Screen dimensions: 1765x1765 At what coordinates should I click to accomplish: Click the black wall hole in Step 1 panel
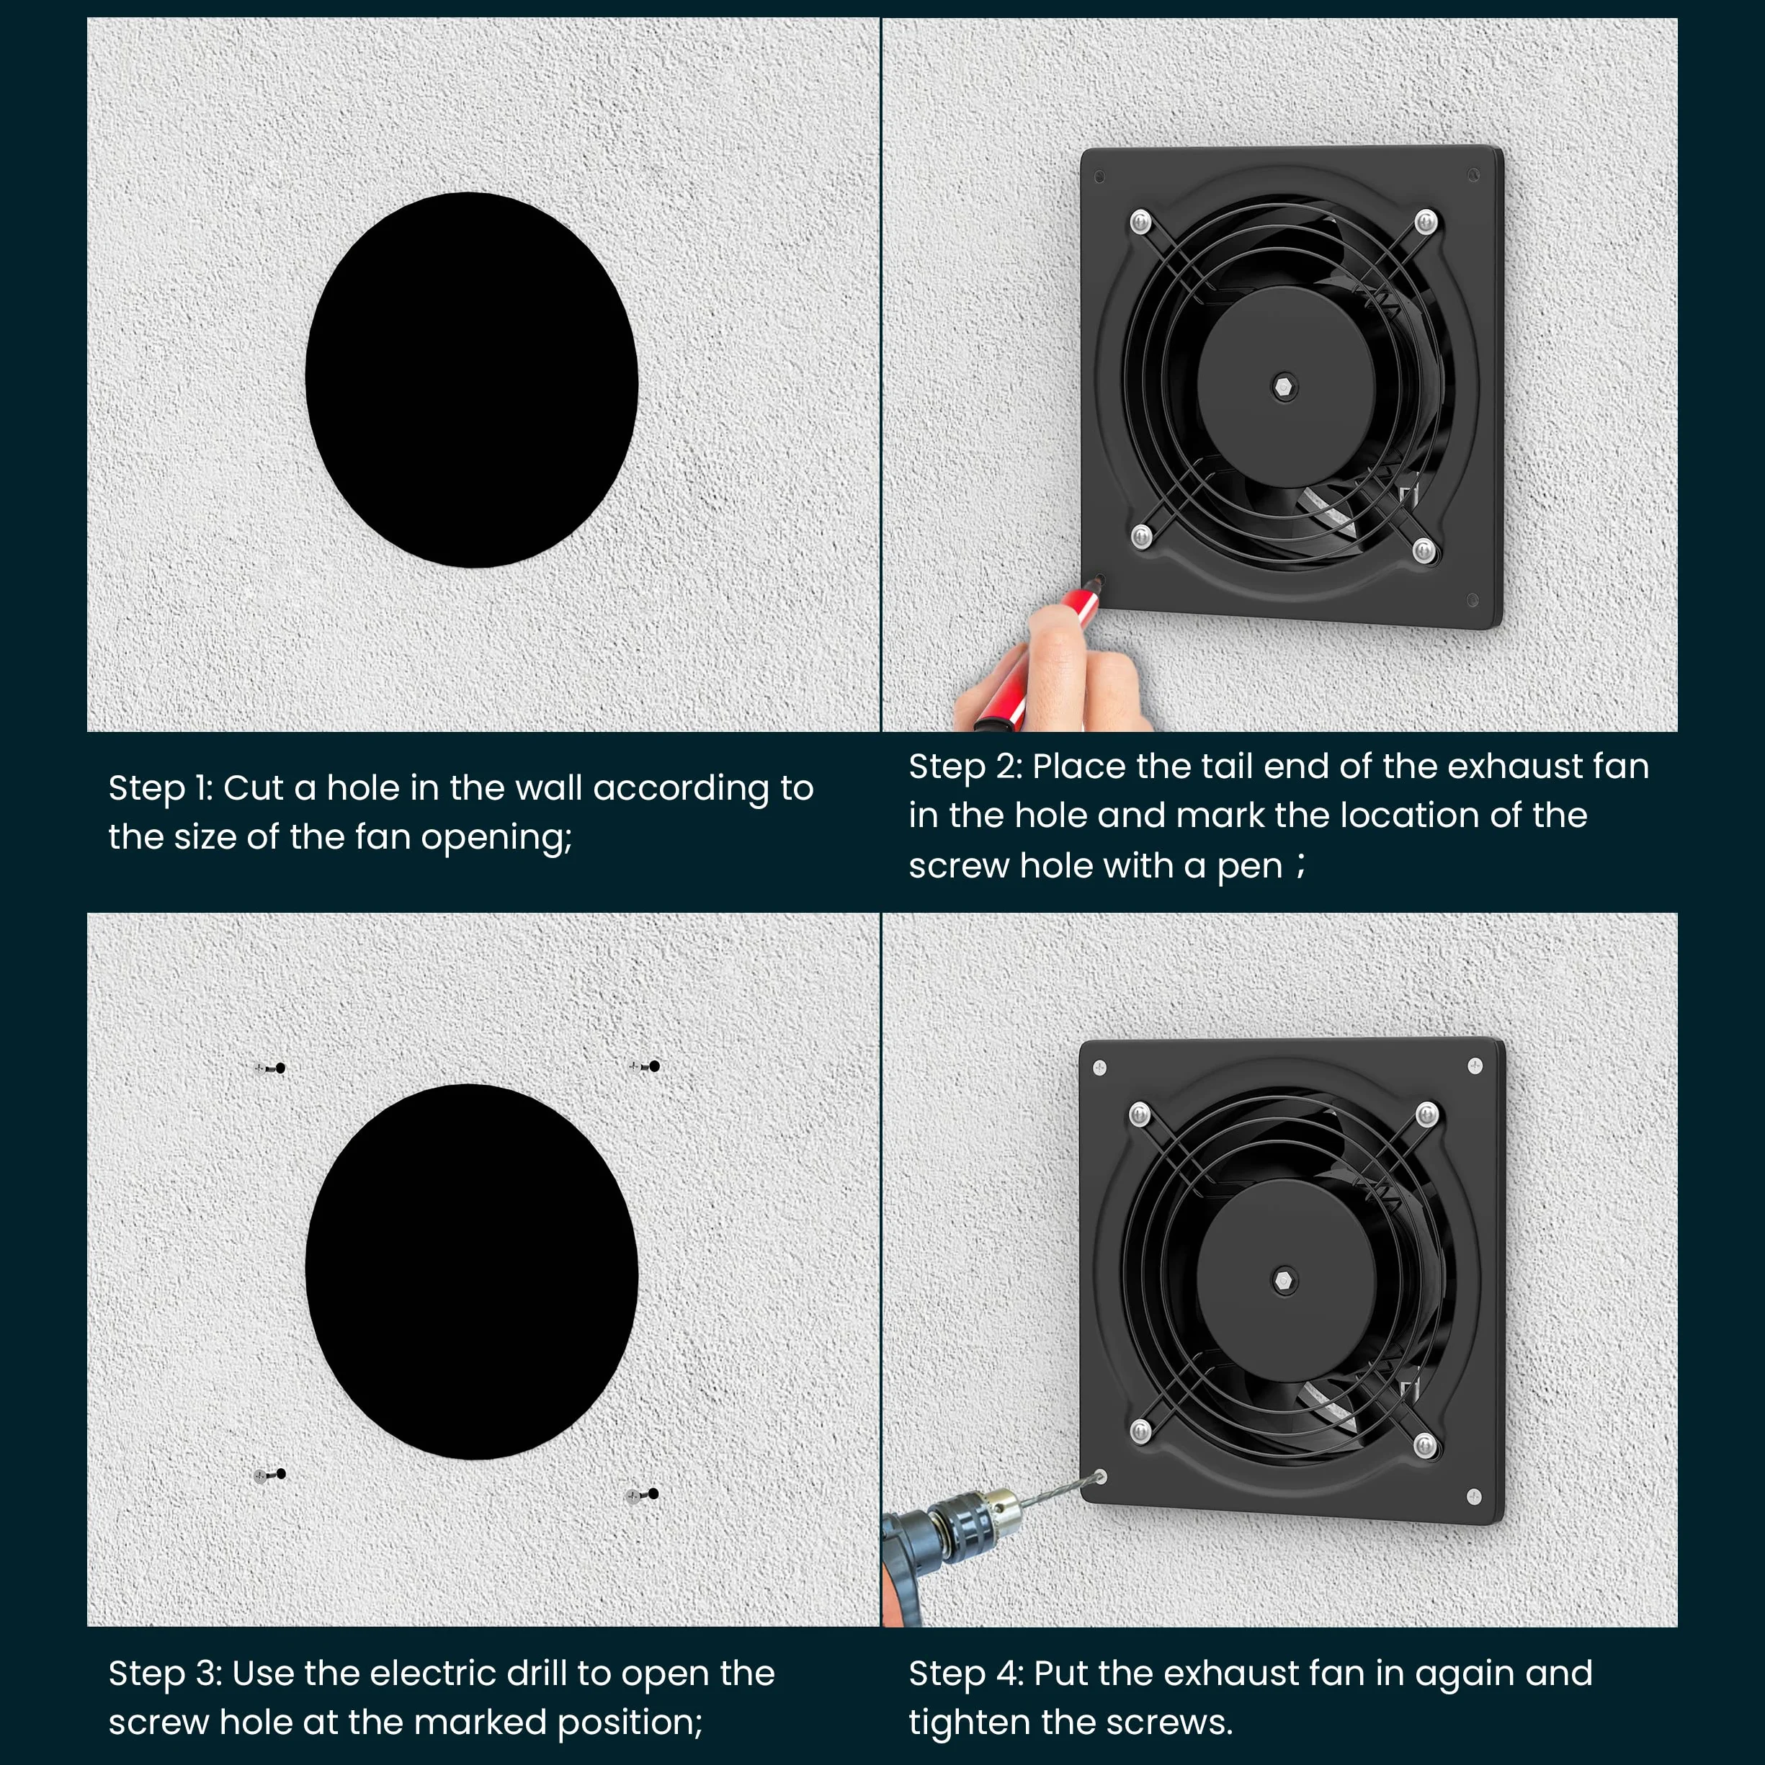click(471, 380)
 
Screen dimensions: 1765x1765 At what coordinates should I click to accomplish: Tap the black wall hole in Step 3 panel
click(471, 1272)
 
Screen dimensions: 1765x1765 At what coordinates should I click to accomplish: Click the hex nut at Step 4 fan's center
click(1284, 1280)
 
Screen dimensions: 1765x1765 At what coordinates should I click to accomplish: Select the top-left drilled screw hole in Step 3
click(280, 1068)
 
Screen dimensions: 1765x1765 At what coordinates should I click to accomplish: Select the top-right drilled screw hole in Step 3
click(654, 1066)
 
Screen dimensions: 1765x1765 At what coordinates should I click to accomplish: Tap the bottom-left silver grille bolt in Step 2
click(1141, 535)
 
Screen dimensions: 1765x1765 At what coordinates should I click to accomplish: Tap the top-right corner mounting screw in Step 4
click(1475, 1065)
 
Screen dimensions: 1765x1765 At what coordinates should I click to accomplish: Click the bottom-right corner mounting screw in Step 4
click(1473, 1496)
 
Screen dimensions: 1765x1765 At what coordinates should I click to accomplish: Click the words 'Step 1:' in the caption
click(161, 788)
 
